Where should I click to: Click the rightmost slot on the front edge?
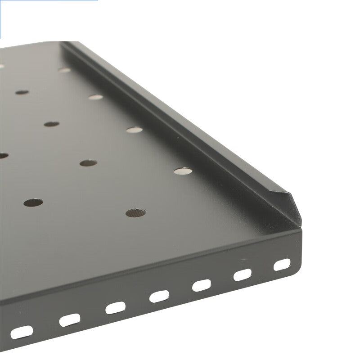(282, 265)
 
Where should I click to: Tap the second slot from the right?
(243, 275)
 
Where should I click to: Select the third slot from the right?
(202, 285)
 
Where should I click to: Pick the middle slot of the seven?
(159, 296)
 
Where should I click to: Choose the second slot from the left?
(69, 319)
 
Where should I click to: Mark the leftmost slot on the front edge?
(22, 332)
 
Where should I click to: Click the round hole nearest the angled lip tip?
(182, 171)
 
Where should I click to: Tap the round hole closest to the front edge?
(135, 212)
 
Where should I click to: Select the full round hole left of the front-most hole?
(33, 202)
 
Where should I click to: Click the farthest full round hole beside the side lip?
(64, 70)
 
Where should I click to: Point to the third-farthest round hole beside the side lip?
(134, 130)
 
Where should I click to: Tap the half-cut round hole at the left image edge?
(3, 156)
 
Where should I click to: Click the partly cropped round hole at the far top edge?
(1, 66)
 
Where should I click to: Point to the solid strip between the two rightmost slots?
(262, 270)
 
